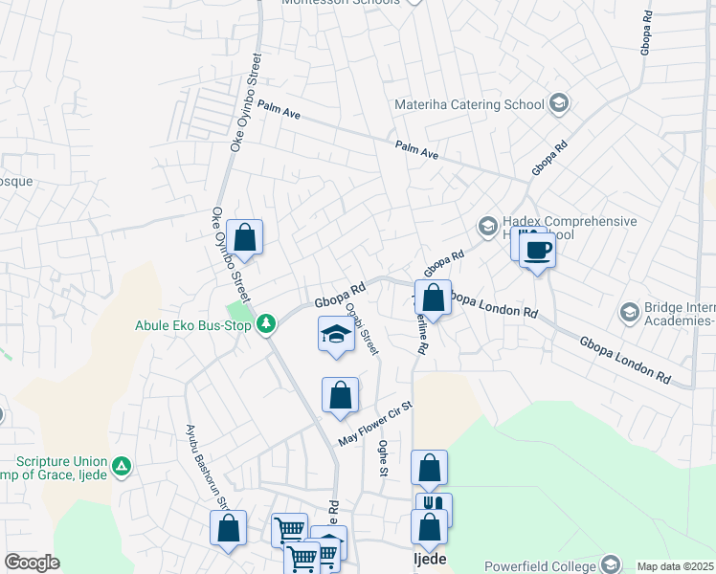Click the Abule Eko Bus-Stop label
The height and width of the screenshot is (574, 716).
point(192,325)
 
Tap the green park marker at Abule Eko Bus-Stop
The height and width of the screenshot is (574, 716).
point(267,325)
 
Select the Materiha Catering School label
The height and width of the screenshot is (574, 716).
point(469,104)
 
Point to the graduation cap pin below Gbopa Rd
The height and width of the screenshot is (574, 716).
point(336,335)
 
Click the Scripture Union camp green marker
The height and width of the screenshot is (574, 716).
point(122,467)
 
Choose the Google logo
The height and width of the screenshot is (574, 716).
point(32,563)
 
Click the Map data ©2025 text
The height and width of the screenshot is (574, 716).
point(675,566)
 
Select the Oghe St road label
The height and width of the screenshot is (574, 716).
point(383,458)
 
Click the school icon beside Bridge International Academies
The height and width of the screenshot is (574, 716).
point(630,312)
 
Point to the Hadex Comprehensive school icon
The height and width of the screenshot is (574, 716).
point(487,227)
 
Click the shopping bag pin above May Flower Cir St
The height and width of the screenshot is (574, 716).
point(340,394)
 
